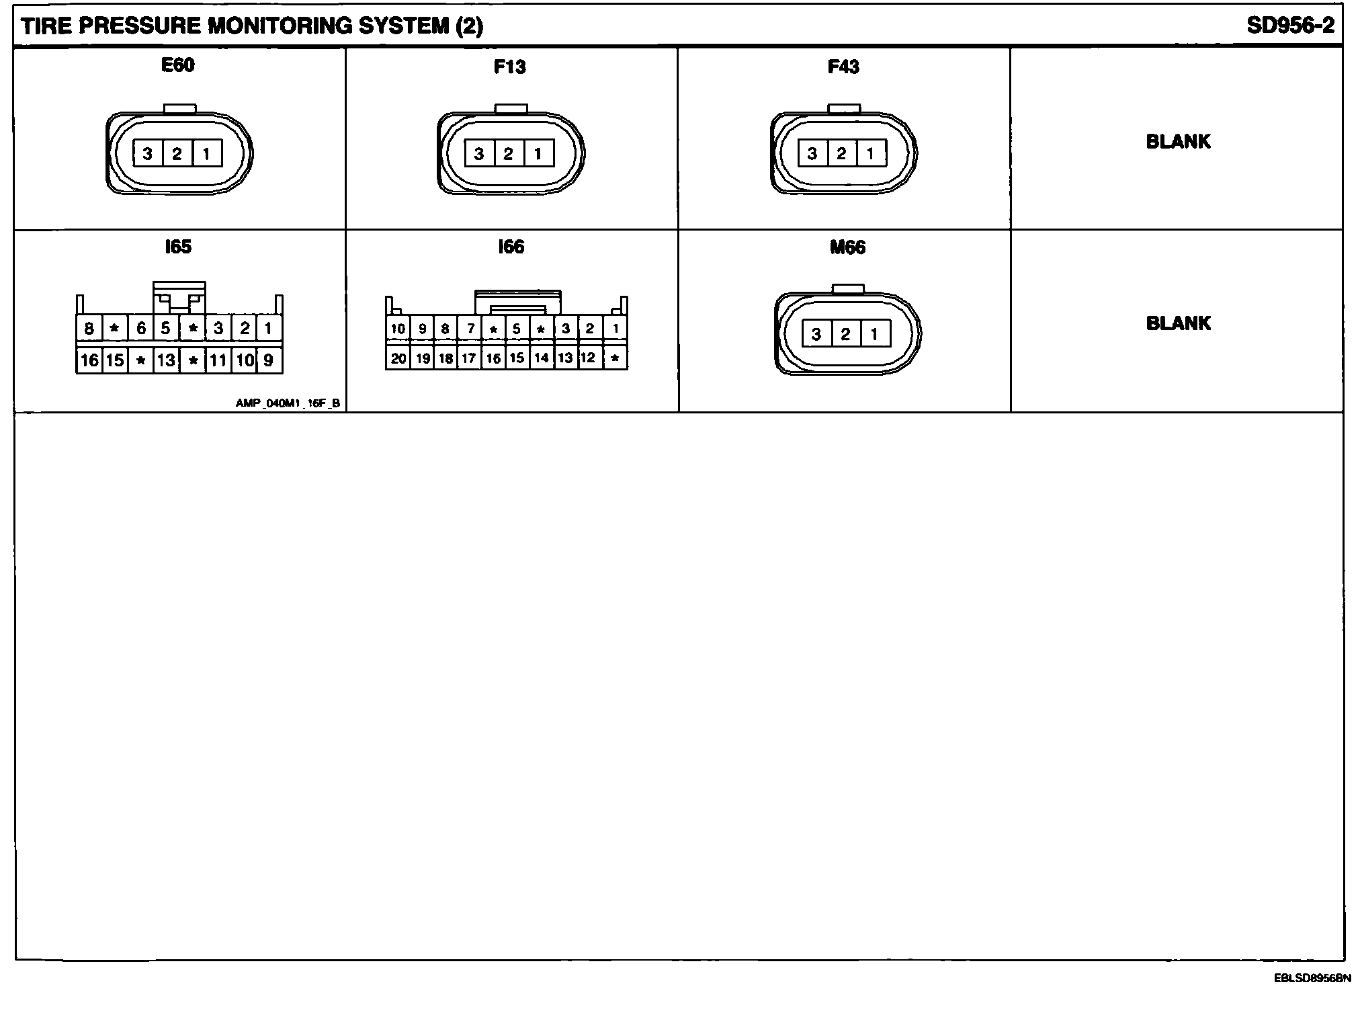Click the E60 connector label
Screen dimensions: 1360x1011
click(x=177, y=65)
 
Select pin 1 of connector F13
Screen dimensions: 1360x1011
click(x=538, y=154)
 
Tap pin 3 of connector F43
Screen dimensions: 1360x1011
click(x=812, y=154)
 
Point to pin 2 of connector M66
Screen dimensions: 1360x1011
click(x=845, y=333)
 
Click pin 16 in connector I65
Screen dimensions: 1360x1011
click(x=89, y=360)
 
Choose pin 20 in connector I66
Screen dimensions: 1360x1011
click(x=398, y=358)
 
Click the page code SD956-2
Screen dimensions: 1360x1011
click(x=1290, y=26)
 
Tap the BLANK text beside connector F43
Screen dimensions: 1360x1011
click(x=1178, y=142)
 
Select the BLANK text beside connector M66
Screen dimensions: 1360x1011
click(x=1178, y=323)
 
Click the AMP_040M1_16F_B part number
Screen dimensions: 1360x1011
click(x=288, y=403)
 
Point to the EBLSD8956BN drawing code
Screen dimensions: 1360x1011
click(x=1312, y=978)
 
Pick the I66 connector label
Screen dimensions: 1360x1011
click(x=511, y=247)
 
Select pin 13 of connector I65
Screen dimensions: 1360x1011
click(x=166, y=360)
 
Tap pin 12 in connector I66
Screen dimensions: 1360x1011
click(x=588, y=358)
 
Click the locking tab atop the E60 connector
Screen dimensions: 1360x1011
click(x=180, y=108)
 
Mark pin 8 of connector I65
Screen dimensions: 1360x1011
click(x=89, y=329)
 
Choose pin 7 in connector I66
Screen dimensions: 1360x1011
click(x=470, y=329)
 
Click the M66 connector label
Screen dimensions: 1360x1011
click(x=847, y=247)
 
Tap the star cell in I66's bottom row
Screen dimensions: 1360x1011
click(x=615, y=358)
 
